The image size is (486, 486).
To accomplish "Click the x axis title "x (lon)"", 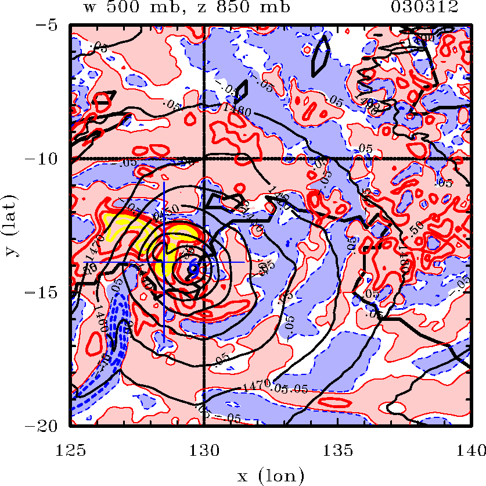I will click(271, 476).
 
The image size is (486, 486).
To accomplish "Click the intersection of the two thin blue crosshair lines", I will click(164, 262).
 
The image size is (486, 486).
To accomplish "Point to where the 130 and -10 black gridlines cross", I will click(204, 158).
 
